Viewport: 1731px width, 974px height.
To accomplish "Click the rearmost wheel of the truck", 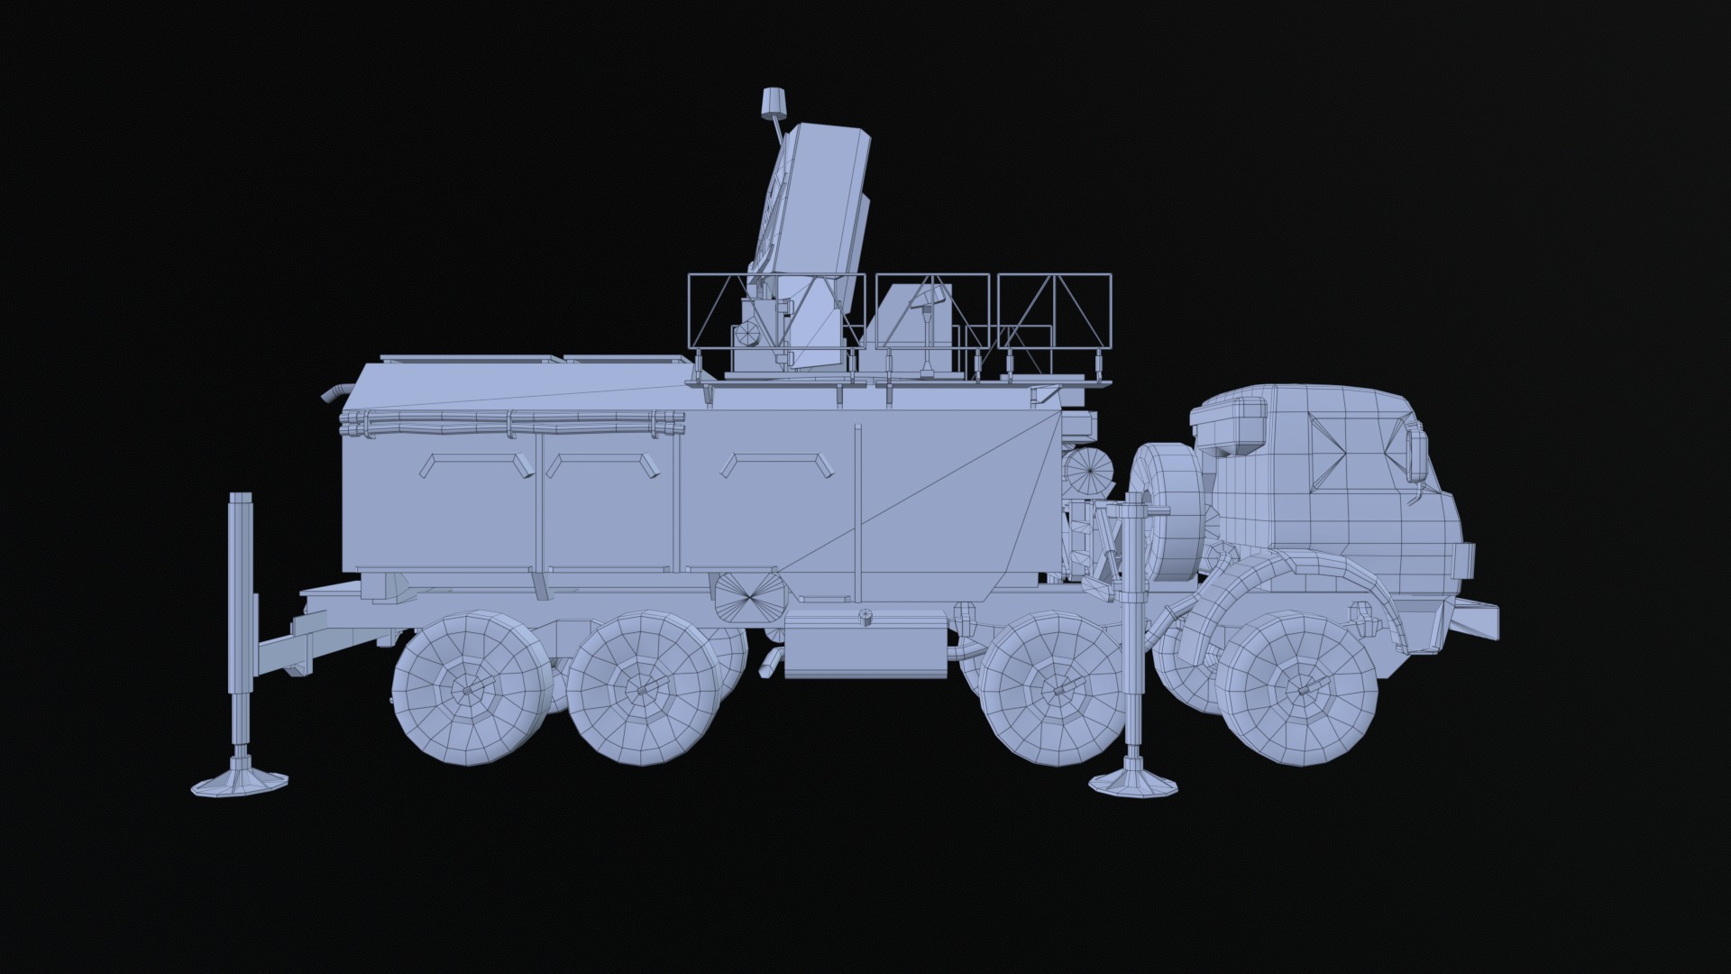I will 469,688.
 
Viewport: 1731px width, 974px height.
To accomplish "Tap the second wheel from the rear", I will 642,688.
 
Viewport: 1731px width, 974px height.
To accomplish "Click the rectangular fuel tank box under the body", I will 865,645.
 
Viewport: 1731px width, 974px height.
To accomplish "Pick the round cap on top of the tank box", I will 865,617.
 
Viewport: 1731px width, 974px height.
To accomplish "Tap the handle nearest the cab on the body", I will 776,464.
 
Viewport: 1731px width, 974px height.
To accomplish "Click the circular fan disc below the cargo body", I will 746,595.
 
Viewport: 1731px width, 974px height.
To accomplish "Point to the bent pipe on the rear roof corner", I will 335,393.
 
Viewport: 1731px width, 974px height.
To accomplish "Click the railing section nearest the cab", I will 1055,311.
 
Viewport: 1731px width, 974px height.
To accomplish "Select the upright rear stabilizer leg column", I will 241,622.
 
